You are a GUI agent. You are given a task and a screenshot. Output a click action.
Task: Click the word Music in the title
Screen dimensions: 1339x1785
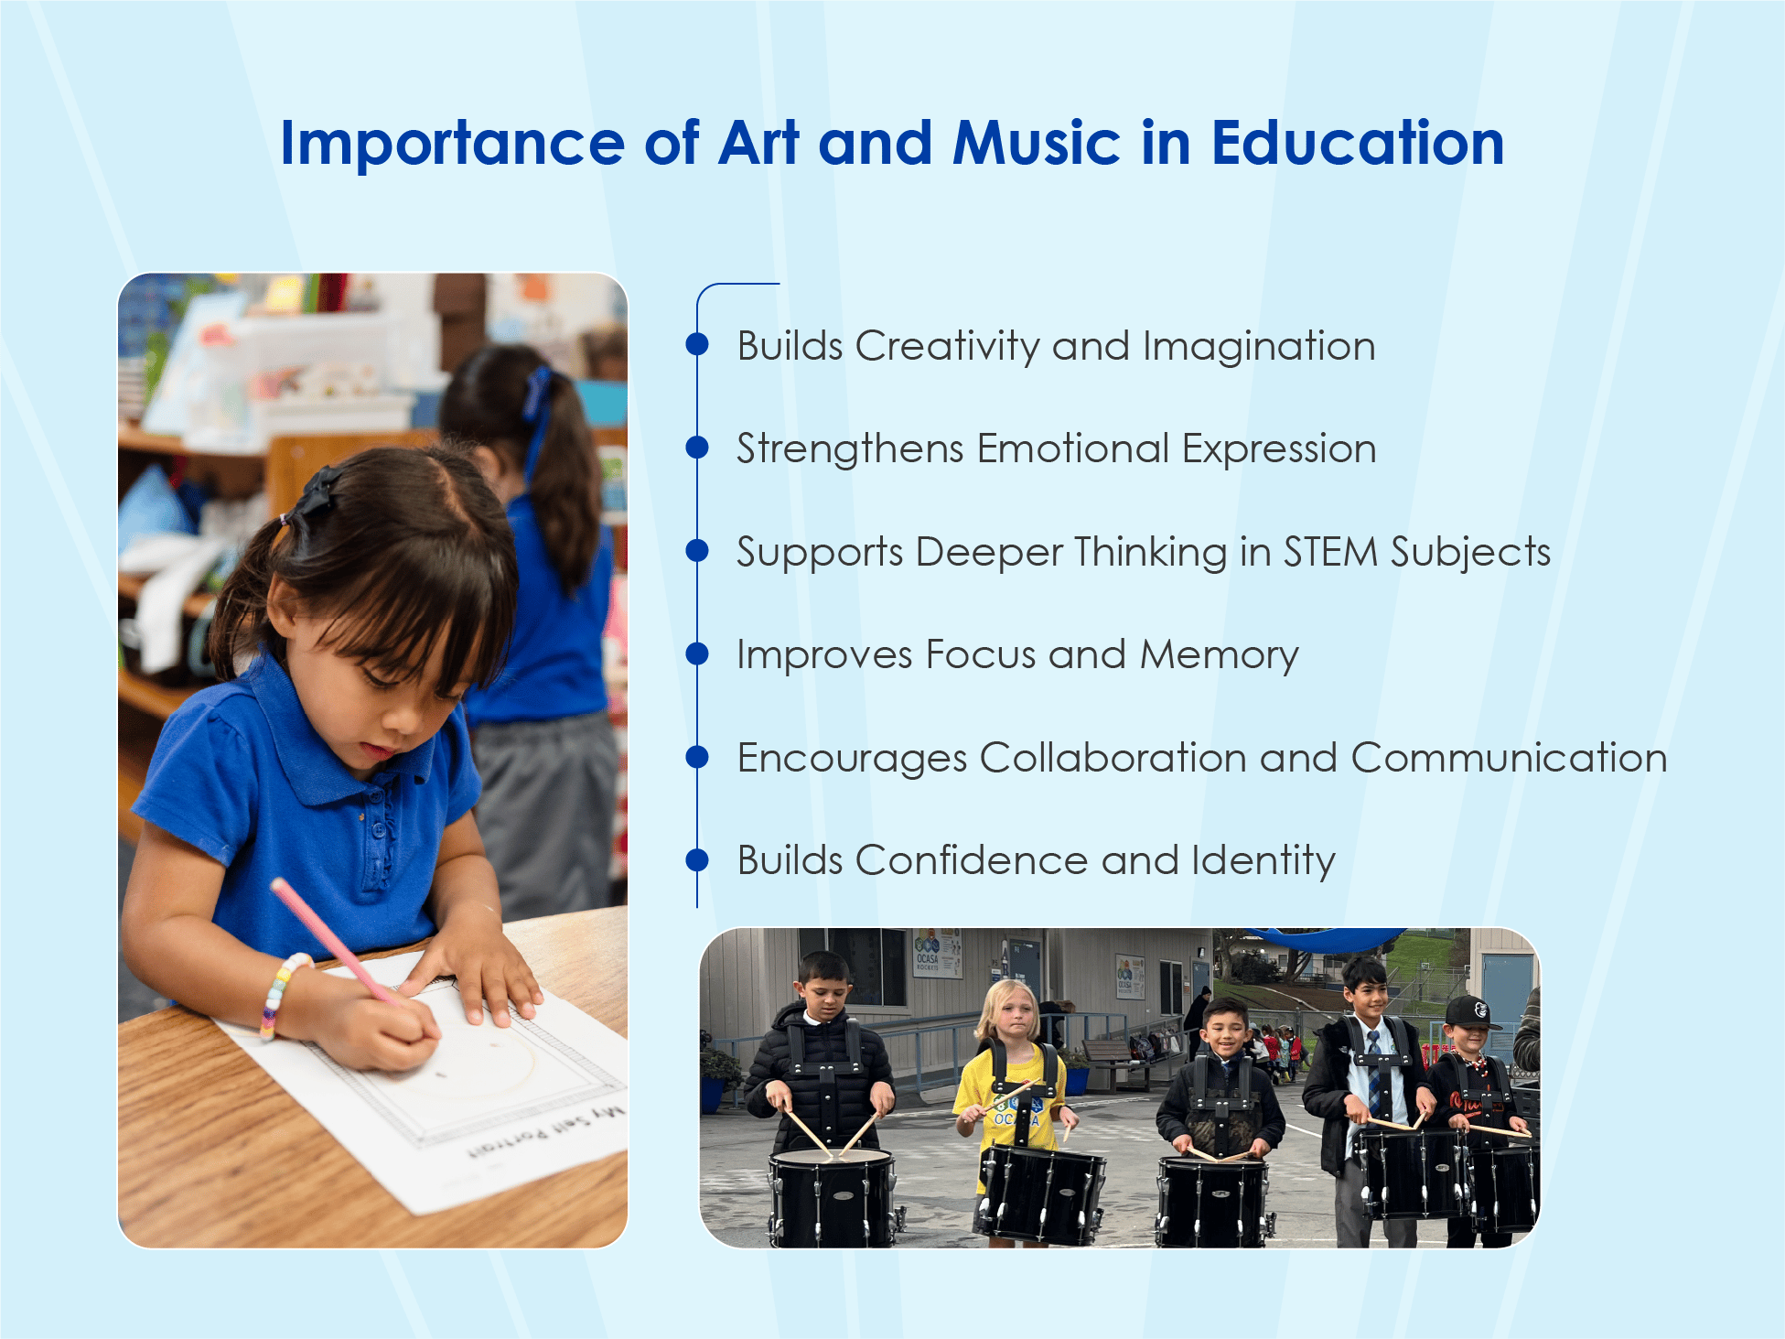[x=1036, y=144]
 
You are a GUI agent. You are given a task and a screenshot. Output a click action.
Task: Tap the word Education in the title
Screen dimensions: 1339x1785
[x=1358, y=144]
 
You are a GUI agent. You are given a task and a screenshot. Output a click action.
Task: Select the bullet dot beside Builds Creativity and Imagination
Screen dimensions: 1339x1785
[x=697, y=344]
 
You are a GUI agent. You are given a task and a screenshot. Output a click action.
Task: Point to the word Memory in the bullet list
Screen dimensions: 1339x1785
[x=1219, y=655]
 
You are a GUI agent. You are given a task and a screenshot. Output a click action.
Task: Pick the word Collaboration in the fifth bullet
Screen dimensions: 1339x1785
[x=1113, y=759]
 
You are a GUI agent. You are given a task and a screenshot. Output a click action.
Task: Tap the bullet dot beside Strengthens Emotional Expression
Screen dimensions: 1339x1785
[x=697, y=447]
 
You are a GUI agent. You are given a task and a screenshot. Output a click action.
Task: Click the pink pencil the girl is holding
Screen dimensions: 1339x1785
[x=329, y=938]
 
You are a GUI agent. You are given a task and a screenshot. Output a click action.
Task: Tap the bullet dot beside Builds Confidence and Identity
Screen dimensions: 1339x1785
[x=697, y=859]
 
